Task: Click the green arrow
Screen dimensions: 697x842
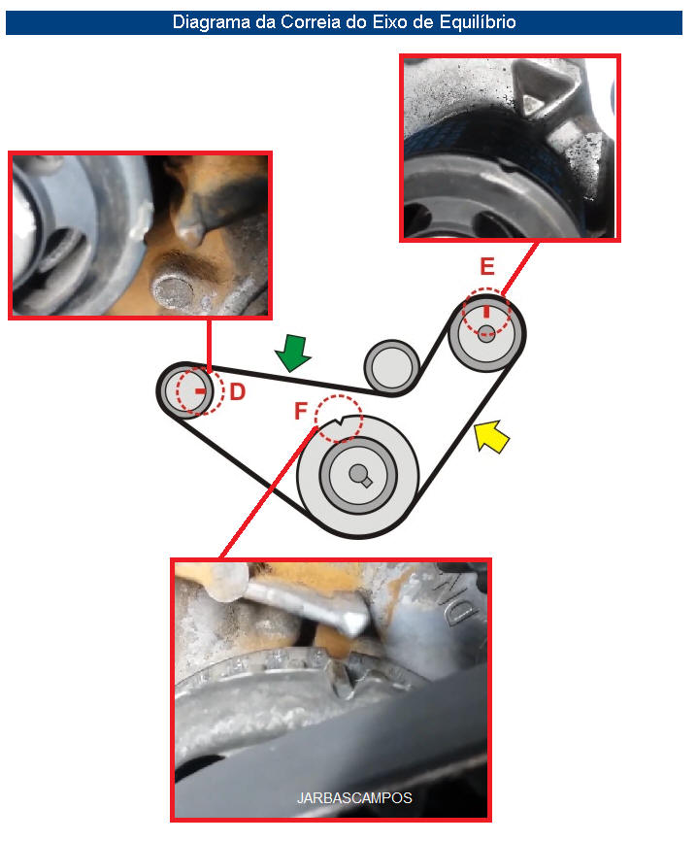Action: pyautogui.click(x=293, y=353)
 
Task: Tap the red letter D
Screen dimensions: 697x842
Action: pyautogui.click(x=237, y=392)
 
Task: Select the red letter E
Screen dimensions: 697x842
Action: pyautogui.click(x=486, y=266)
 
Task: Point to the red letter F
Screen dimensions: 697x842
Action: pyautogui.click(x=301, y=411)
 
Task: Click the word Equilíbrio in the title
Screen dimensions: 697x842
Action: pyautogui.click(x=478, y=22)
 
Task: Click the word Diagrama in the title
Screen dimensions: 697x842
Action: pyautogui.click(x=204, y=22)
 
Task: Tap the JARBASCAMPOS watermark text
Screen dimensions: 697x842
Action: pyautogui.click(x=354, y=798)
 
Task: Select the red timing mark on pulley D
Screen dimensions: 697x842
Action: pyautogui.click(x=200, y=391)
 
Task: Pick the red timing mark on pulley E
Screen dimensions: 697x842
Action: pyautogui.click(x=486, y=312)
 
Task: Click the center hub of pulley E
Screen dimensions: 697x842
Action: pyautogui.click(x=486, y=333)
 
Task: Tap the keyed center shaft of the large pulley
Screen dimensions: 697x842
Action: pyautogui.click(x=359, y=475)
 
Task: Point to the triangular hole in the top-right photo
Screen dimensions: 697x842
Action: pyautogui.click(x=536, y=102)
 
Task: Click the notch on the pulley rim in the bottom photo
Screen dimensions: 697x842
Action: pyautogui.click(x=344, y=681)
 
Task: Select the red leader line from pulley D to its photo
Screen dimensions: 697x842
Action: pyautogui.click(x=209, y=345)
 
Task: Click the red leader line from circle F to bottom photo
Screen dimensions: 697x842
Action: pyautogui.click(x=267, y=492)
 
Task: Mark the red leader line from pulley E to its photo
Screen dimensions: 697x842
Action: pyautogui.click(x=520, y=269)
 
